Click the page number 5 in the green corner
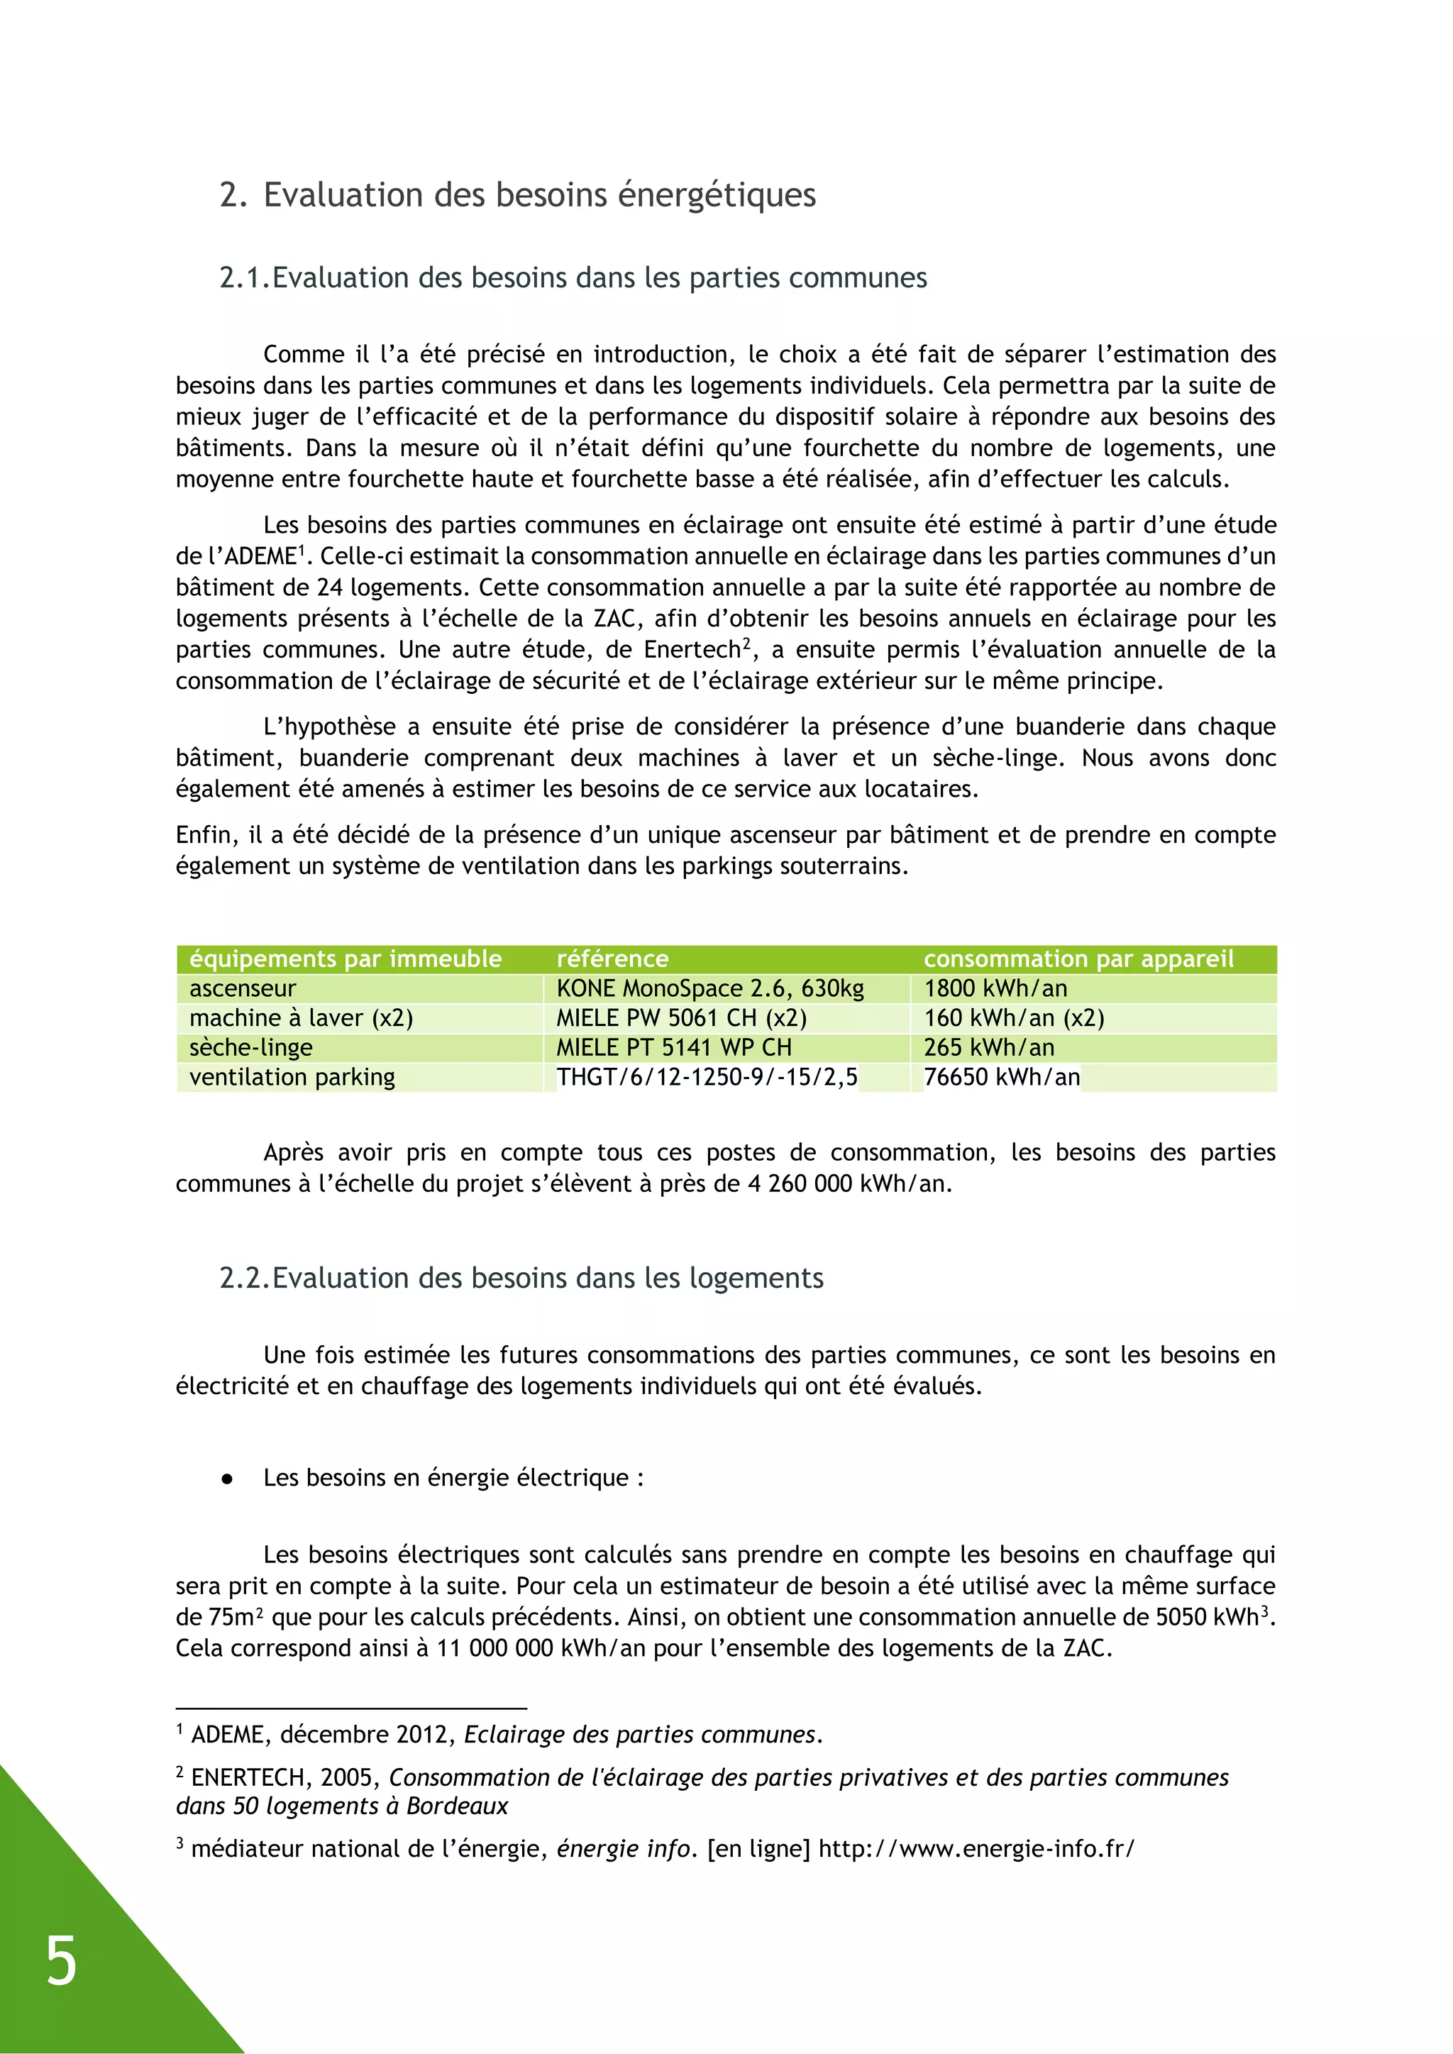pyautogui.click(x=61, y=1961)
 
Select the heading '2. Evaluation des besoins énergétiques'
pyautogui.click(x=517, y=195)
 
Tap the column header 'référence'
pyautogui.click(x=612, y=959)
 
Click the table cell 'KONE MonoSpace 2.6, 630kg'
pyautogui.click(x=709, y=988)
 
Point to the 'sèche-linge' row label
pyautogui.click(x=250, y=1048)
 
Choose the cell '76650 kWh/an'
pyautogui.click(x=1001, y=1077)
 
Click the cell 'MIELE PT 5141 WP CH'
pyautogui.click(x=674, y=1048)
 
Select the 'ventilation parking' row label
pyautogui.click(x=292, y=1077)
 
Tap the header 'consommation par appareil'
pyautogui.click(x=1078, y=959)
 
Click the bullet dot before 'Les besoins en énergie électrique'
pyautogui.click(x=227, y=1479)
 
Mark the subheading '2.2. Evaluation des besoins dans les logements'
pyautogui.click(x=521, y=1278)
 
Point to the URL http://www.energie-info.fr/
pyautogui.click(x=976, y=1849)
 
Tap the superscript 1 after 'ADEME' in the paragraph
pyautogui.click(x=302, y=549)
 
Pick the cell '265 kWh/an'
pyautogui.click(x=988, y=1048)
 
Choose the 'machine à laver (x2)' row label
pyautogui.click(x=301, y=1018)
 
